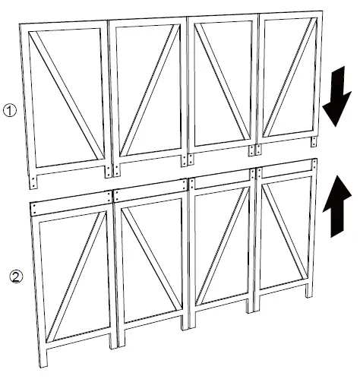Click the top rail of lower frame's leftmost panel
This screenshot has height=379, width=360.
click(73, 205)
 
